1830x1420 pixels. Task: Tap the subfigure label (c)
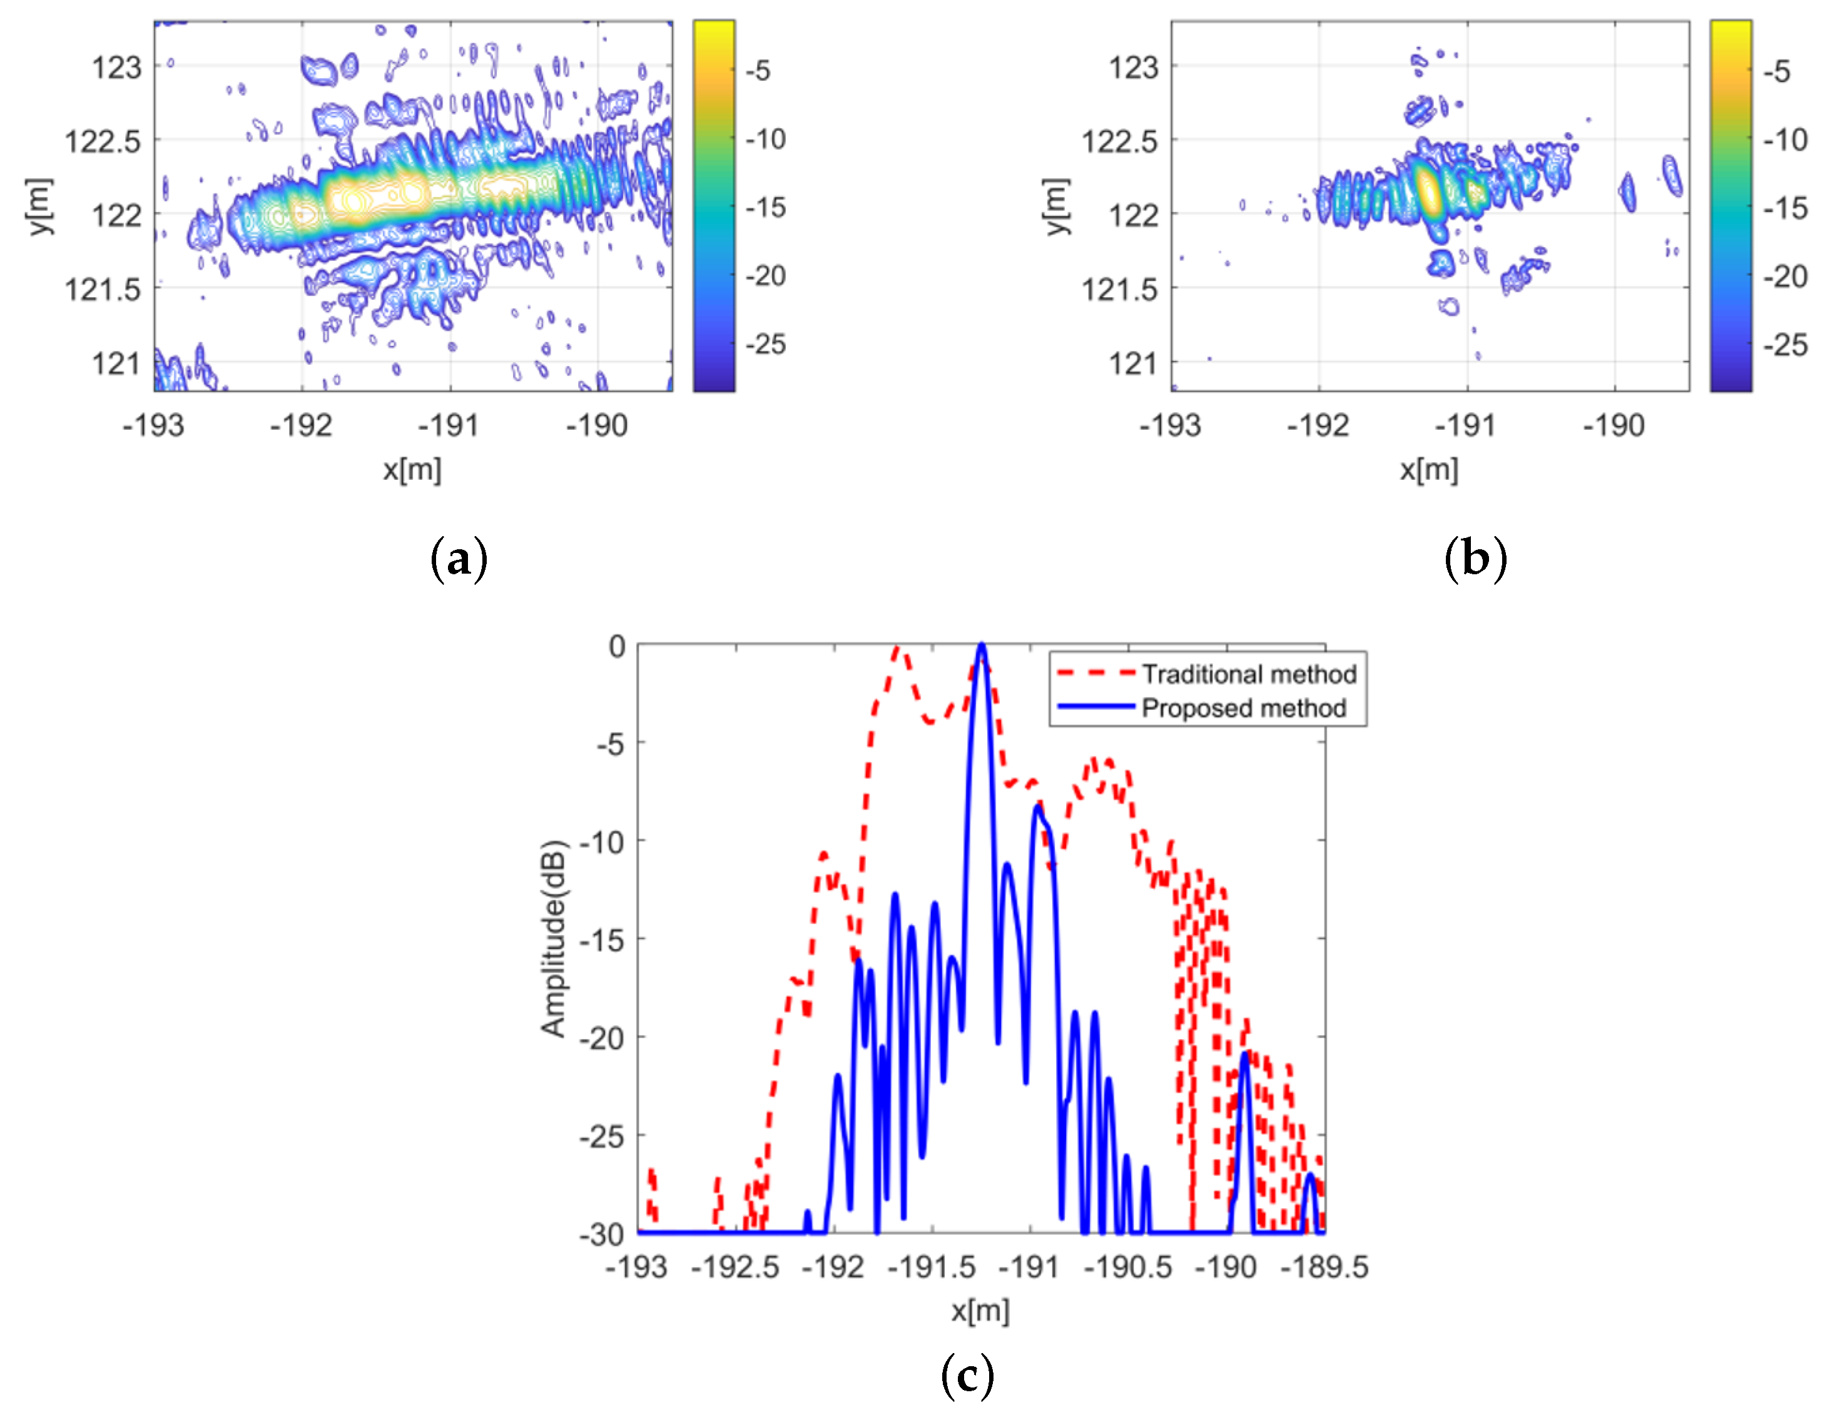click(967, 1376)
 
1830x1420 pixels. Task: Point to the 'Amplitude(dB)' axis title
click(554, 938)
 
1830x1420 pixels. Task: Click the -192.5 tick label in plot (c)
click(735, 1267)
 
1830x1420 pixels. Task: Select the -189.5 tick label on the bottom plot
click(1324, 1267)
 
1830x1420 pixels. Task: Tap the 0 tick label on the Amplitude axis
click(617, 646)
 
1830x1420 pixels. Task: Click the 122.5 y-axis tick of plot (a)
click(103, 141)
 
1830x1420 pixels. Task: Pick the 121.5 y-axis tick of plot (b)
click(1119, 290)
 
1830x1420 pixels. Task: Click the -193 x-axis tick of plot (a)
click(153, 425)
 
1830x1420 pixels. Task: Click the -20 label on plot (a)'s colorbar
click(766, 276)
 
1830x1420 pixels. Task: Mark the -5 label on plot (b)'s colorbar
click(1776, 71)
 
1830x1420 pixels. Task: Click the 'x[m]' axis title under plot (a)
click(412, 469)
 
